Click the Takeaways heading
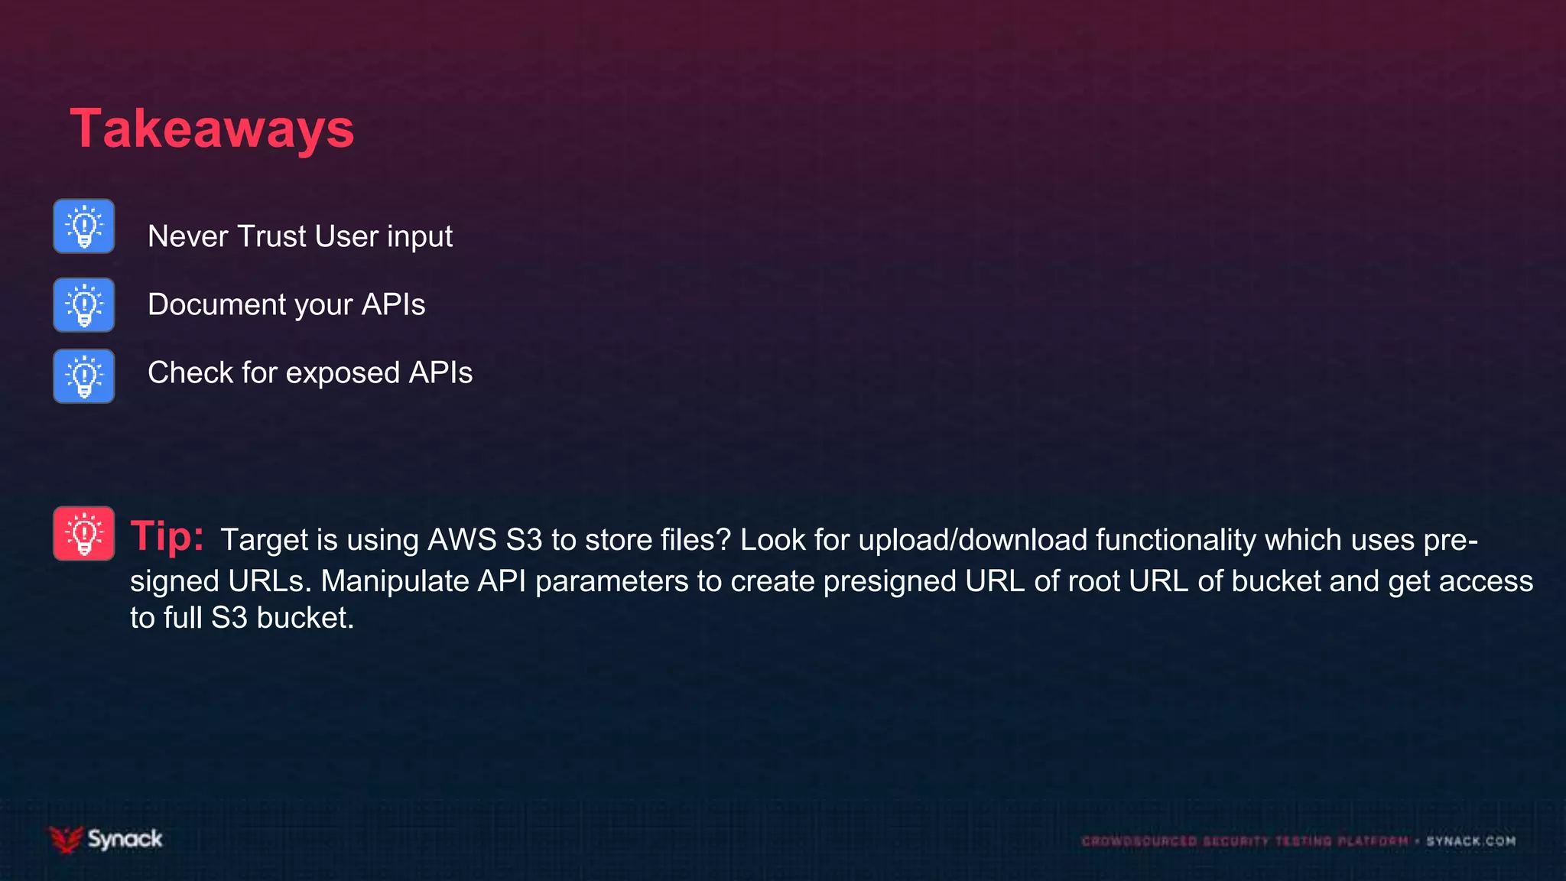tap(212, 128)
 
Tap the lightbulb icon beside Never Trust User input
tap(84, 226)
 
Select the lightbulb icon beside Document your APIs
tap(84, 305)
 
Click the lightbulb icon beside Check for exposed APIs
tap(84, 376)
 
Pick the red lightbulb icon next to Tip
tap(84, 534)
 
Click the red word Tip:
tap(167, 535)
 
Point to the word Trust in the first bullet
tap(272, 236)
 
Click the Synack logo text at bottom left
tap(125, 839)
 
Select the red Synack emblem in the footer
tap(66, 839)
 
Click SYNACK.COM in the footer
tap(1470, 841)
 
